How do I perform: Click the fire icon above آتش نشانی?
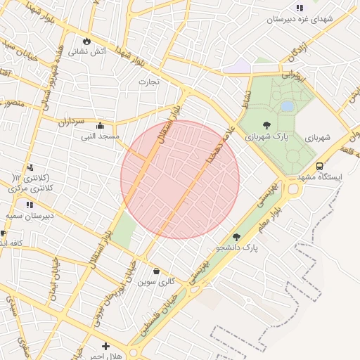[87, 41]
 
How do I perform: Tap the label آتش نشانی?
[91, 51]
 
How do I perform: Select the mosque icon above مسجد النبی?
[100, 125]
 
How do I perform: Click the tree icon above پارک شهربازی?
[265, 125]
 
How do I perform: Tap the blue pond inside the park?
[287, 106]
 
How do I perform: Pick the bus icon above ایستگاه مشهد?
[319, 167]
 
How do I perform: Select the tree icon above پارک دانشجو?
[236, 238]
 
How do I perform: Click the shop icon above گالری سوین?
[155, 271]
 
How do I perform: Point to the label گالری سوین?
[155, 281]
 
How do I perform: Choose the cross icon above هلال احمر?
[105, 346]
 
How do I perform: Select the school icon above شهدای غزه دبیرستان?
[300, 8]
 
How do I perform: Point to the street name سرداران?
[70, 121]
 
